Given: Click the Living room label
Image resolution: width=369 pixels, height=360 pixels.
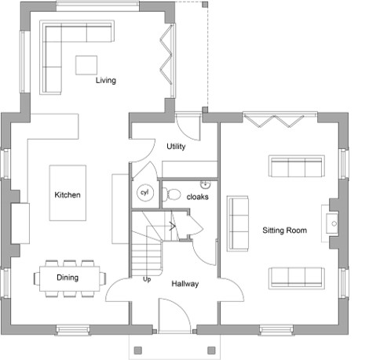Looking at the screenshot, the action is point(106,80).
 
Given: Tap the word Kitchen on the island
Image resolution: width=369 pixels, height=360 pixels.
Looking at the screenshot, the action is point(68,195).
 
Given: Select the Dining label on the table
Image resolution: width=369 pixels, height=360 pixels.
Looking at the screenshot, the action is point(68,278).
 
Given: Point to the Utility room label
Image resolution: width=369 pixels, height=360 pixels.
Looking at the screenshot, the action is point(176,146).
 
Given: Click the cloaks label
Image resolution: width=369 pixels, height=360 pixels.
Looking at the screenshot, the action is point(198,197).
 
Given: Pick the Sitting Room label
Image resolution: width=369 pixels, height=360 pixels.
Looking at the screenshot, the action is point(284,231).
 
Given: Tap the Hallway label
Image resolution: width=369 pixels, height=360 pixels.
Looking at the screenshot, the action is point(185,284).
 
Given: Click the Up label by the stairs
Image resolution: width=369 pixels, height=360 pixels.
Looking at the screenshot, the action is point(147,279).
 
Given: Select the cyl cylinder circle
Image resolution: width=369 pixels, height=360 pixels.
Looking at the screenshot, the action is point(145,193).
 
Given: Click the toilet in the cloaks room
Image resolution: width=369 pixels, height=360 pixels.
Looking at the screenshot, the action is point(172,195).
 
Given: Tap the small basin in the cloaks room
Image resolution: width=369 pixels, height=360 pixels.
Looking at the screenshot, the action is point(206,184).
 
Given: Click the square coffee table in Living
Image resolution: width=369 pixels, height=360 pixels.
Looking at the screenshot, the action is point(86,65).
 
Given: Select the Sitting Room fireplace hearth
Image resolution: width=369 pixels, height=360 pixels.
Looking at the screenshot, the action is point(330,224).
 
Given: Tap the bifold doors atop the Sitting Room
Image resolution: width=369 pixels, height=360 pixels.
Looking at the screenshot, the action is point(280,119).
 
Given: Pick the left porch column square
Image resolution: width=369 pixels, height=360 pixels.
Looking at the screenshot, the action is point(138,350).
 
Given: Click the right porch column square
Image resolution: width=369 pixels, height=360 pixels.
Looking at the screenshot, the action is point(211,350).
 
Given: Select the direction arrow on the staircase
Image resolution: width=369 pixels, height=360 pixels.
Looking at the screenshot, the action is point(172,226).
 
